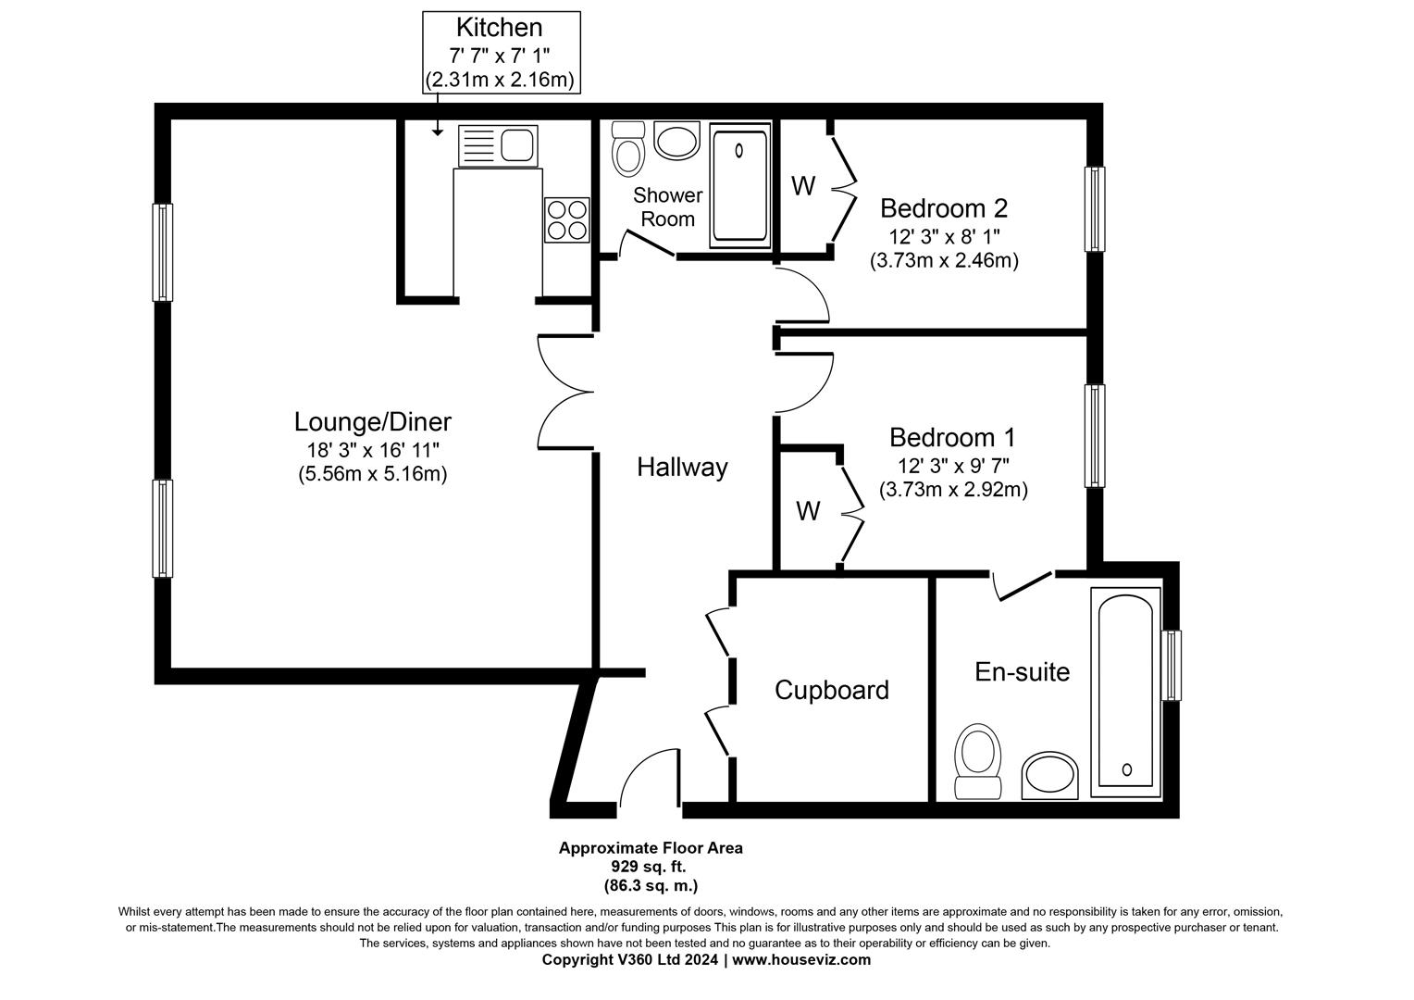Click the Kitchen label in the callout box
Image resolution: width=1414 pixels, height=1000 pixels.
[500, 28]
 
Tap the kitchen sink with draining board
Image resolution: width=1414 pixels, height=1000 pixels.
[498, 146]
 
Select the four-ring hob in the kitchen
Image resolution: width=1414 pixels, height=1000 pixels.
[566, 220]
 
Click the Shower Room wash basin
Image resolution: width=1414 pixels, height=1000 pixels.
[676, 142]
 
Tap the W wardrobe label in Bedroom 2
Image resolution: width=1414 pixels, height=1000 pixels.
[803, 186]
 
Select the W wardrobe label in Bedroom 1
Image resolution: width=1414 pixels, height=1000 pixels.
[808, 510]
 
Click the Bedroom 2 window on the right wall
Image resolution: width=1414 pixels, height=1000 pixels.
[1095, 209]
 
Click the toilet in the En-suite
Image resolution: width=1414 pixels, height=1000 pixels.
[978, 761]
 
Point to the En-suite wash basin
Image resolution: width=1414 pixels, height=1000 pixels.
[1051, 776]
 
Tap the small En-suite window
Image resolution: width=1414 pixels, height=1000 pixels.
[1172, 666]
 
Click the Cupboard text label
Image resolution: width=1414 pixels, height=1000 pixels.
[831, 690]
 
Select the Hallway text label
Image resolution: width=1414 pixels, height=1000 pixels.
[682, 468]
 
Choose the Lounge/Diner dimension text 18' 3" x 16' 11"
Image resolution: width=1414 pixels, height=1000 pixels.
[373, 451]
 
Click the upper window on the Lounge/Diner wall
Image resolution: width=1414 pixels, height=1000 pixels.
[163, 253]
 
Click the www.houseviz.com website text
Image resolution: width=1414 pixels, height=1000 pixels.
[801, 960]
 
